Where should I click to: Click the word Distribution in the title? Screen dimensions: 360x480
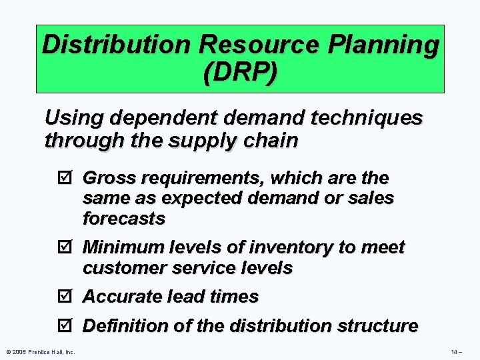click(115, 45)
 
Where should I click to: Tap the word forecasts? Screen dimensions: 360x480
click(124, 218)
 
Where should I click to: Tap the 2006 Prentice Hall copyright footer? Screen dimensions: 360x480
click(40, 351)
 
